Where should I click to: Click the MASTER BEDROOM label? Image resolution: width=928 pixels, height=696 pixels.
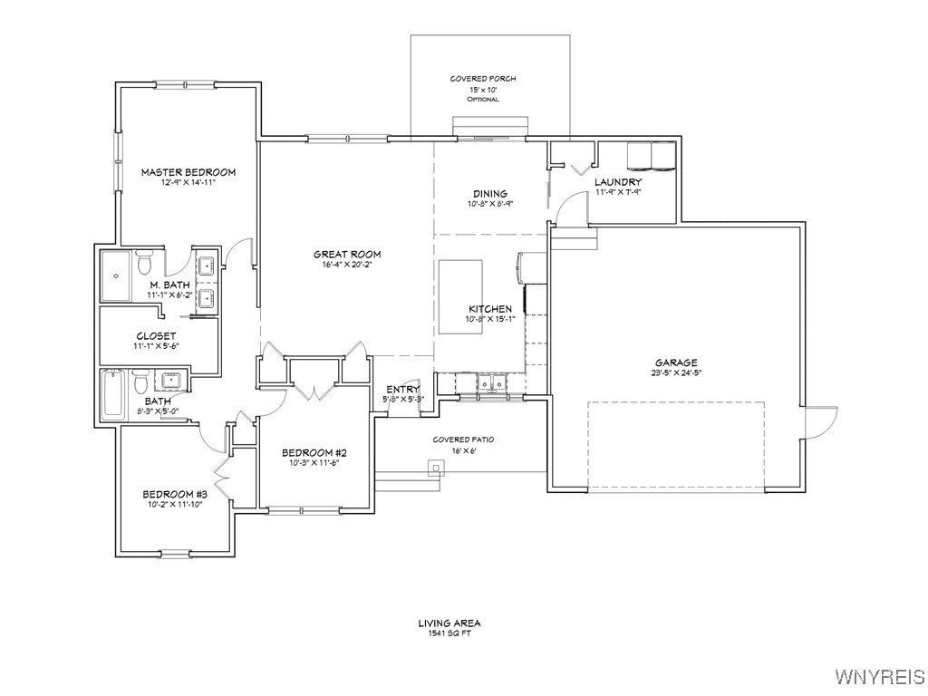pos(188,171)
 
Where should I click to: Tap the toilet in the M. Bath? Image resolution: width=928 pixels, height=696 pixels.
pos(143,264)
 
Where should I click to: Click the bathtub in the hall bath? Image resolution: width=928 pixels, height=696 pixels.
pos(112,395)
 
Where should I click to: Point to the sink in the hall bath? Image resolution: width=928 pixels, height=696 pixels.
pos(170,379)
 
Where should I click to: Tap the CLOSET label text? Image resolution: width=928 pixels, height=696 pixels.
pos(156,335)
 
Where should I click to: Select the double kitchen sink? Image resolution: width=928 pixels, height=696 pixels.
pos(492,384)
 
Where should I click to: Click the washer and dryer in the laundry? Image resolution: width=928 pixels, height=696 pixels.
pos(651,157)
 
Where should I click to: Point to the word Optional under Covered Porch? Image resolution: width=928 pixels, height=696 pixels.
pos(483,99)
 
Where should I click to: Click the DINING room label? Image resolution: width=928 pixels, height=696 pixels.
pos(489,193)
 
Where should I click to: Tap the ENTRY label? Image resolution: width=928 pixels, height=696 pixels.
pos(402,390)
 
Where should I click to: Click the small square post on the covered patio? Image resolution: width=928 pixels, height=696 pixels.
pos(436,468)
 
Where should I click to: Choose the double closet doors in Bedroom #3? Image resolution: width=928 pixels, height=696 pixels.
pos(221,472)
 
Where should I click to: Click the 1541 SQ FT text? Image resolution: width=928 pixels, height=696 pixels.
pos(449,633)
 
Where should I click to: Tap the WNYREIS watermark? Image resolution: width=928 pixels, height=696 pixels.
pos(879,677)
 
